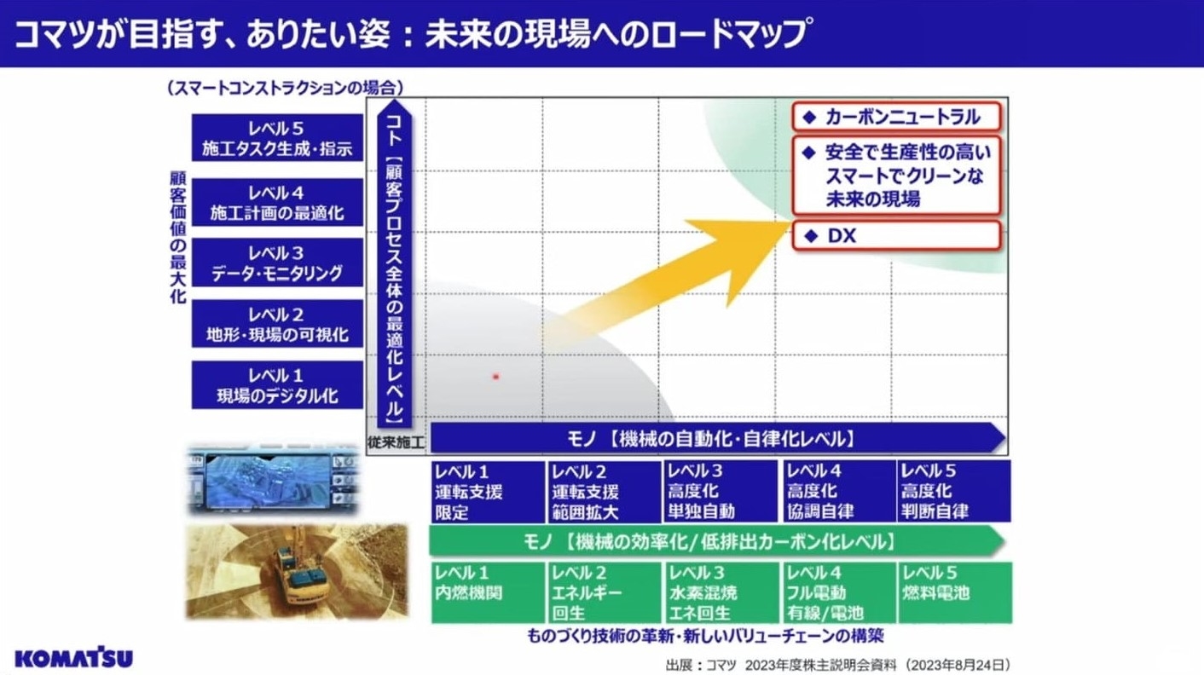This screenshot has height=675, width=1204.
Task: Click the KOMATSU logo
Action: pyautogui.click(x=73, y=658)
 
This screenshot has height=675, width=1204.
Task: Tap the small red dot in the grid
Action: pyautogui.click(x=495, y=377)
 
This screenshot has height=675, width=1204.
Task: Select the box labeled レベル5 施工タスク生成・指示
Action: pyautogui.click(x=277, y=137)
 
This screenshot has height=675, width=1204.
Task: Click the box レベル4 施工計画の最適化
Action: pyautogui.click(x=277, y=202)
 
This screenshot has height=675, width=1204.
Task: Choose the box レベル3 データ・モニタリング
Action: pyautogui.click(x=277, y=262)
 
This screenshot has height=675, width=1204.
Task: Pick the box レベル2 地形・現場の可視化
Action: pyautogui.click(x=277, y=324)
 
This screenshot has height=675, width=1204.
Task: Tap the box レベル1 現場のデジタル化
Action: pyautogui.click(x=277, y=384)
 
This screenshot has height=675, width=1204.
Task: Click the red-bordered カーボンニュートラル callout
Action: pyautogui.click(x=896, y=117)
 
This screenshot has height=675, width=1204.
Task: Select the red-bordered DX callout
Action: pyautogui.click(x=896, y=235)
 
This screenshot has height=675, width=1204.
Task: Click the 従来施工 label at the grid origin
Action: pyautogui.click(x=397, y=442)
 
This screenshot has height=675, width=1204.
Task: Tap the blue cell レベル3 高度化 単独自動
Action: pyautogui.click(x=720, y=491)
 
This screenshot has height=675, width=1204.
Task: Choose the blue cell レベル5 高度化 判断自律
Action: pyautogui.click(x=954, y=491)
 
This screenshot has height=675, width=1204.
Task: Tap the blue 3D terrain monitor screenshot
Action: pyautogui.click(x=273, y=479)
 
